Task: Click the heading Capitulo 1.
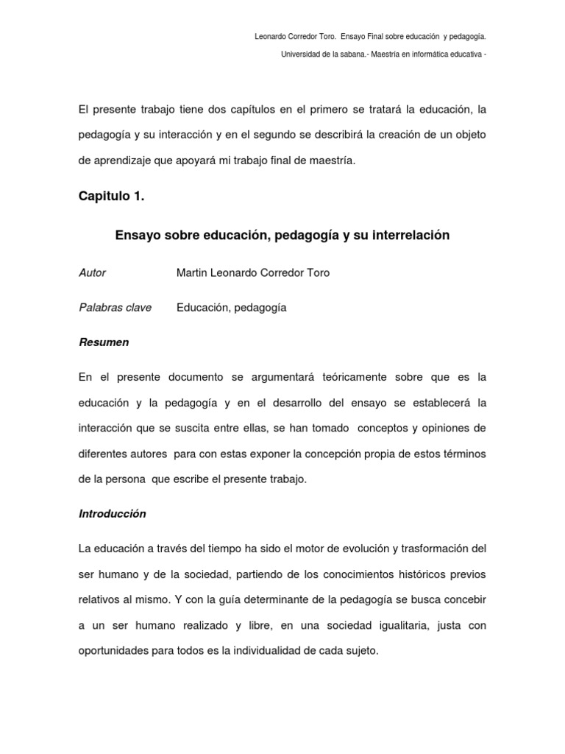(112, 196)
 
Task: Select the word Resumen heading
(104, 342)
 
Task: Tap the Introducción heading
(113, 514)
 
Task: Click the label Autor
(92, 273)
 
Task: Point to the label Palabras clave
(115, 308)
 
